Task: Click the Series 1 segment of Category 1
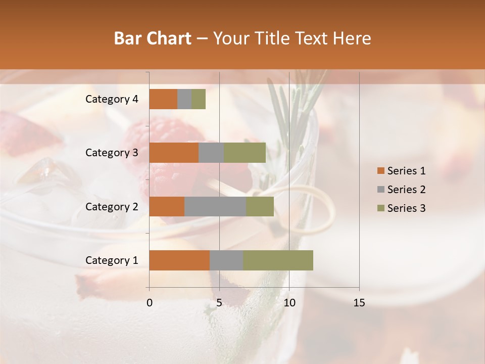(179, 260)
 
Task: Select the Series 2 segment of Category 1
(226, 260)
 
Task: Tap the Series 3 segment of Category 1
(278, 260)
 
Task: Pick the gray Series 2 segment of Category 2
(215, 206)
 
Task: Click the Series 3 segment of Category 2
(260, 206)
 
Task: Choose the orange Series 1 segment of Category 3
(174, 153)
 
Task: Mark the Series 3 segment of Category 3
(245, 153)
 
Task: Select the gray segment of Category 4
(184, 99)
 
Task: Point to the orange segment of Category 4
(163, 99)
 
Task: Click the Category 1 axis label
(112, 260)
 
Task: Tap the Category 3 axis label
(112, 153)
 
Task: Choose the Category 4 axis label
(112, 99)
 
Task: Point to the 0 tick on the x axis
(150, 303)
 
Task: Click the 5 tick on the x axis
(219, 303)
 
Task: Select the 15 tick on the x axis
(359, 303)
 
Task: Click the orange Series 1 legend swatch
(380, 171)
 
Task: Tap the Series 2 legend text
(406, 190)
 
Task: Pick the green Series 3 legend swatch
(380, 208)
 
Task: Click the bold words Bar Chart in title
(152, 38)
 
